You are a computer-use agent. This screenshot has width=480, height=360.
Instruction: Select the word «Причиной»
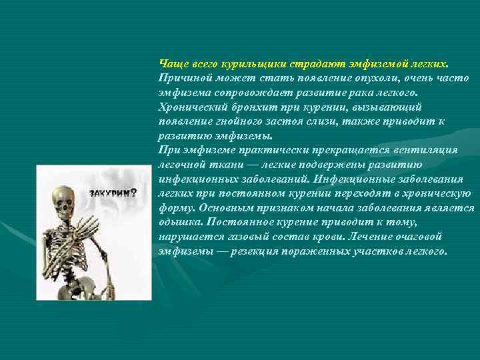point(182,78)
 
